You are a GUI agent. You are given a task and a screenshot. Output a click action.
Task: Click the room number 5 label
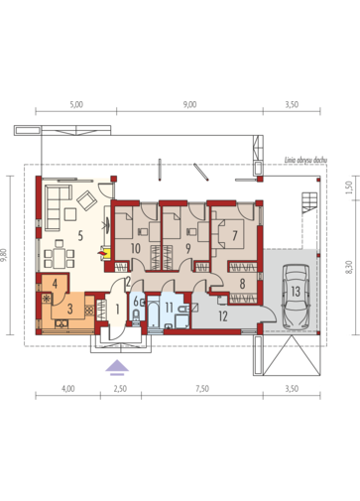(x=80, y=236)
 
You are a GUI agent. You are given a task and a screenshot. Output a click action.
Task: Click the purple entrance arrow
(x=117, y=368)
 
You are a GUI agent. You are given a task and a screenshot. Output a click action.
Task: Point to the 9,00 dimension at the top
(x=189, y=104)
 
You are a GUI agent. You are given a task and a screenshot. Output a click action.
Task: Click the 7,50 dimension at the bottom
(x=202, y=389)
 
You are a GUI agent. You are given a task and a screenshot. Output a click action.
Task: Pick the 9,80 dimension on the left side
(x=4, y=255)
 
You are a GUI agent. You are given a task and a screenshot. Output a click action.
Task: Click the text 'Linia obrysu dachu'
(x=305, y=160)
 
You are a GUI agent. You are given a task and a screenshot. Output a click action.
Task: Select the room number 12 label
(x=223, y=316)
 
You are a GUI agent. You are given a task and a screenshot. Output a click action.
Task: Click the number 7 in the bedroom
(x=235, y=236)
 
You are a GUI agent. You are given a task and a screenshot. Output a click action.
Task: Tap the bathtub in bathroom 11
(x=153, y=313)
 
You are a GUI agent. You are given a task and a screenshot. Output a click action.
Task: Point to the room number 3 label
(x=69, y=309)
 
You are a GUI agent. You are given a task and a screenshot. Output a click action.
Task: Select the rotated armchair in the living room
(x=86, y=200)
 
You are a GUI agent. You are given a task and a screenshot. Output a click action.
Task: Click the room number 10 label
(x=136, y=248)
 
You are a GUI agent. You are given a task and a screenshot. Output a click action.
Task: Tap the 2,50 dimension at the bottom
(x=120, y=389)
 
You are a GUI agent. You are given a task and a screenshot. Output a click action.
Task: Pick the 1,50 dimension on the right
(x=348, y=188)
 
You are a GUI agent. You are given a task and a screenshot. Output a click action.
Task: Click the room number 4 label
(x=55, y=284)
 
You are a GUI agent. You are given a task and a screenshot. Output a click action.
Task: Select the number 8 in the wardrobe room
(x=242, y=284)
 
